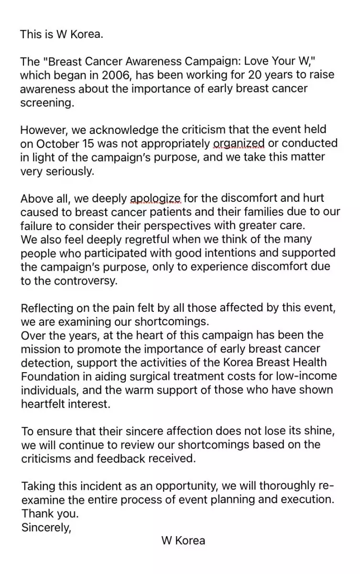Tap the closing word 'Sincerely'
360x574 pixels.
(x=45, y=528)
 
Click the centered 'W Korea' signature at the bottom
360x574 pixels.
(x=183, y=541)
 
